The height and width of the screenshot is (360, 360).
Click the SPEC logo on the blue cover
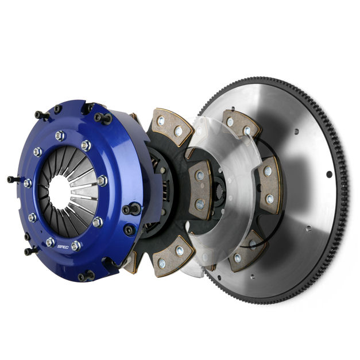tap(63, 246)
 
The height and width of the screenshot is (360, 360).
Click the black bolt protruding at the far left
tap(13, 180)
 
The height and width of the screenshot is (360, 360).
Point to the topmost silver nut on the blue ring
tap(60, 136)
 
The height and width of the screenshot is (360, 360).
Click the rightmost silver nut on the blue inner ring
tap(102, 180)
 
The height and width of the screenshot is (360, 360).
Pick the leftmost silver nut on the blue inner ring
tap(28, 183)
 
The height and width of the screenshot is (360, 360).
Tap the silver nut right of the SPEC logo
tap(76, 246)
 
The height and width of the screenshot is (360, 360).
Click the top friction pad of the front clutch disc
tap(172, 126)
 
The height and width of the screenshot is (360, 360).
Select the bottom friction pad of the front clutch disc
tap(173, 256)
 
